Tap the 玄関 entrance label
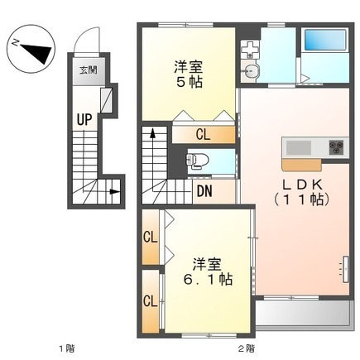click(89, 70)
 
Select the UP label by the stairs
click(84, 120)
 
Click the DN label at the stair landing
click(204, 191)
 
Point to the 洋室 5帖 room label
click(189, 74)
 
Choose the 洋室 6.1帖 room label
click(208, 271)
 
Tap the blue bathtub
click(325, 40)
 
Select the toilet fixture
click(197, 161)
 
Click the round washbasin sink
click(250, 71)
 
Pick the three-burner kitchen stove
click(336, 147)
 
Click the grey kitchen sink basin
click(299, 147)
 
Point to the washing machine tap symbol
click(250, 50)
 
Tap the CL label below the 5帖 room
click(203, 135)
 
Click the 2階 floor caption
click(247, 348)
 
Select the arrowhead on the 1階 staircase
click(114, 191)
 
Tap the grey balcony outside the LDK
click(305, 314)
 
